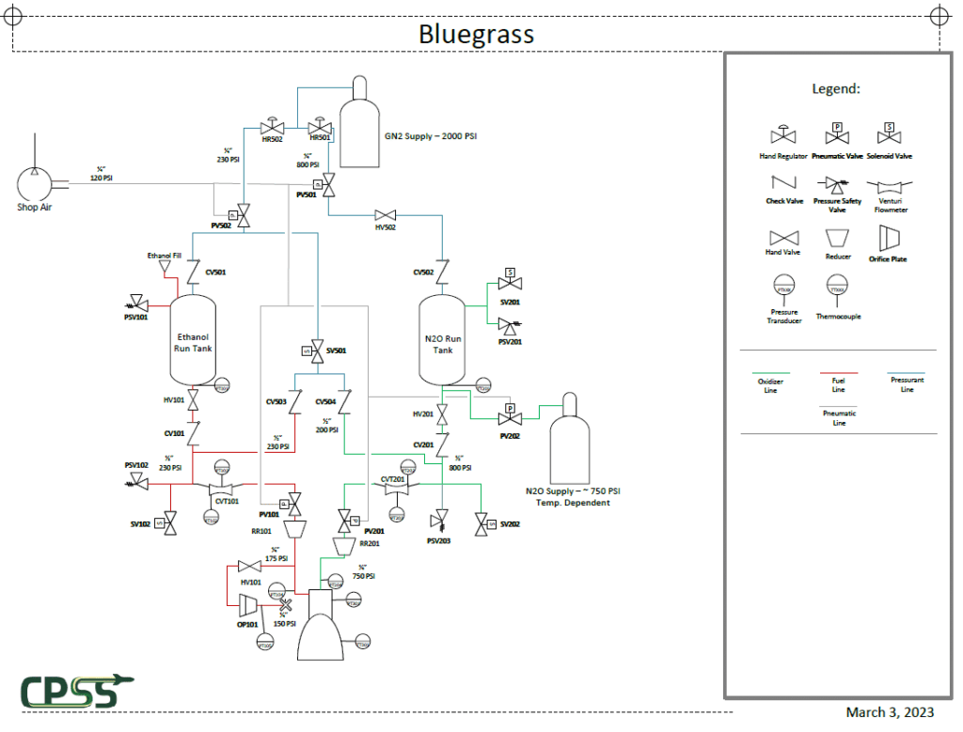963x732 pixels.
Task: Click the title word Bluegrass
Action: [476, 35]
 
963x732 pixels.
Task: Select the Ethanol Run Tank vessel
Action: [193, 340]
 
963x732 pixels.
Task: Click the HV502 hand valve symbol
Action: [386, 214]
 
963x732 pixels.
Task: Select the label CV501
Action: [215, 273]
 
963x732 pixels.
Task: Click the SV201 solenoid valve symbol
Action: [510, 283]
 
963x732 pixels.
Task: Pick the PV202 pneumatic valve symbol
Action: [510, 418]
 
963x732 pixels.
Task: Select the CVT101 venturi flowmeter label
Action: [227, 502]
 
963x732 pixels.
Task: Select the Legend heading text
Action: [836, 89]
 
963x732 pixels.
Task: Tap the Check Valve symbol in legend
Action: [782, 182]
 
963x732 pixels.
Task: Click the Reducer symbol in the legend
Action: [837, 237]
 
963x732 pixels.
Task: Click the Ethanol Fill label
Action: [163, 256]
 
